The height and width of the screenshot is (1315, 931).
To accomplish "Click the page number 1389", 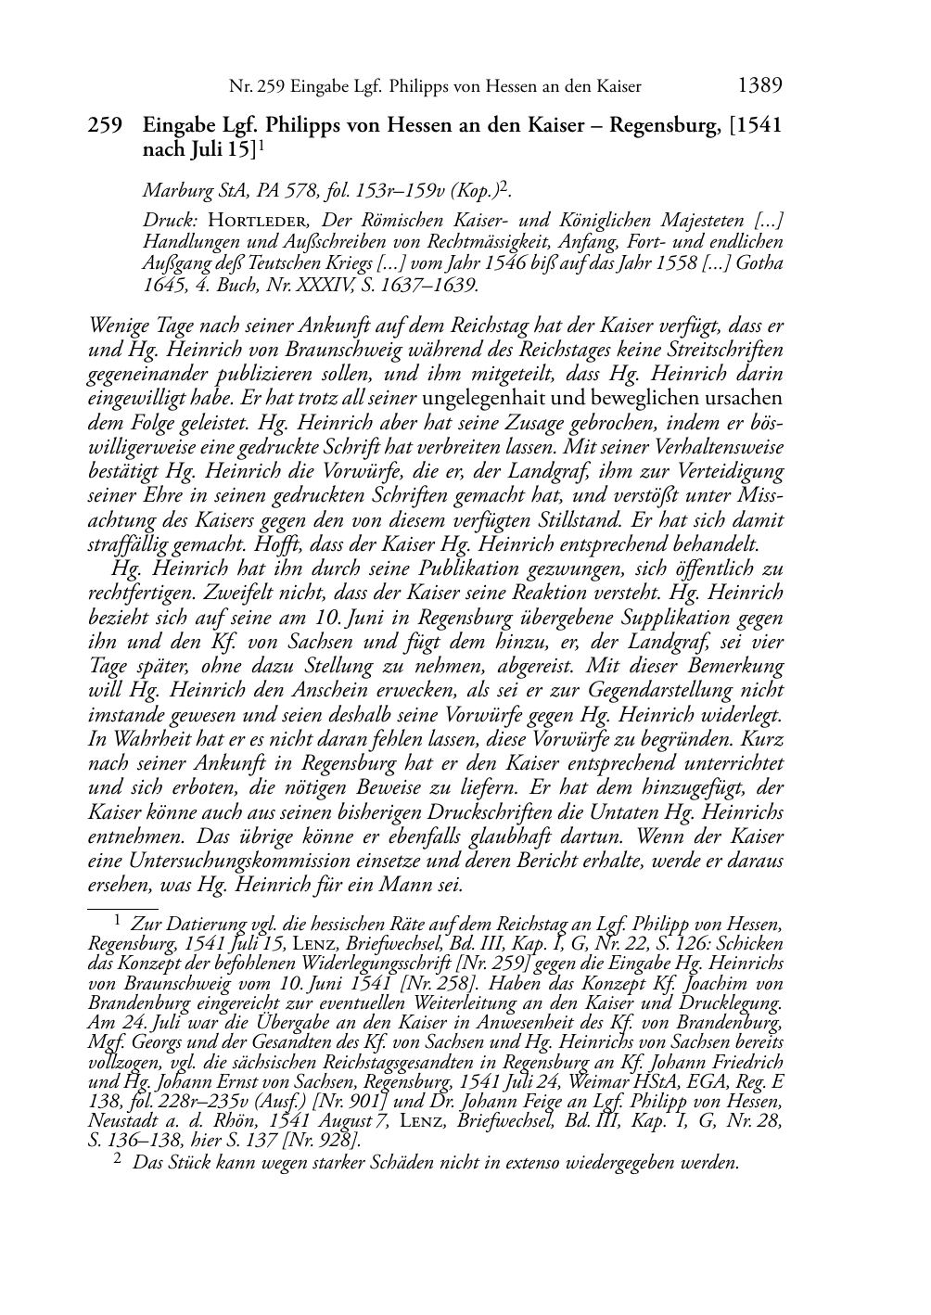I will [x=759, y=86].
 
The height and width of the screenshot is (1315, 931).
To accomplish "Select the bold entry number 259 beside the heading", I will [x=105, y=126].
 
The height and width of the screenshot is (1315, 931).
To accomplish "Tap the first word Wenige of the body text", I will [x=118, y=326].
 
